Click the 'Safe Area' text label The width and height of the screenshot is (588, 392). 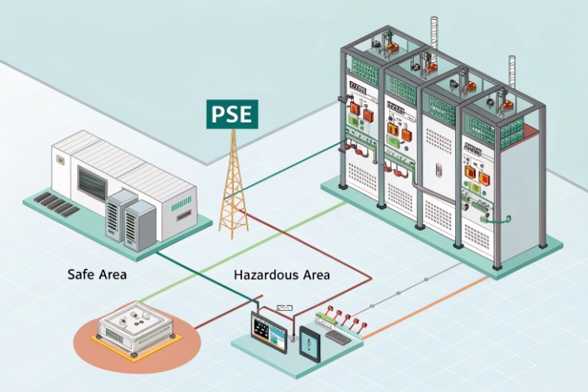(97, 275)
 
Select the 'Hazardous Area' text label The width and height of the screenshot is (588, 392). (282, 275)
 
